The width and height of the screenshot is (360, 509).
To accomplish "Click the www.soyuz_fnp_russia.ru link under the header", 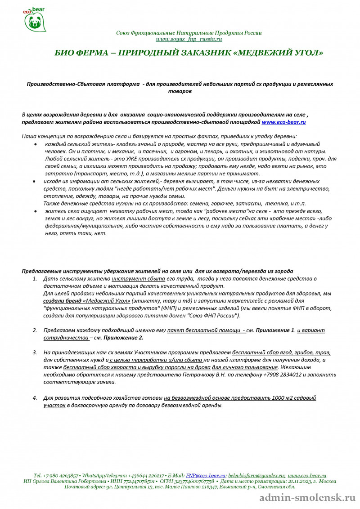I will tap(189, 39).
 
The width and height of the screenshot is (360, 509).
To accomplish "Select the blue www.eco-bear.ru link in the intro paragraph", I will tap(284, 122).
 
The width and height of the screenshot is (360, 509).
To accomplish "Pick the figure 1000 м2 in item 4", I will tap(286, 397).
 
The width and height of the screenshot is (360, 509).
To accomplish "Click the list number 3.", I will tap(35, 353).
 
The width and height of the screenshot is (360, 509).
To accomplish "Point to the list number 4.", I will tap(35, 397).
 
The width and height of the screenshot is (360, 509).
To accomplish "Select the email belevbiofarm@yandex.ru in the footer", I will tap(256, 475).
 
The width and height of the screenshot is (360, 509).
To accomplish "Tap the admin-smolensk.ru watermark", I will tap(308, 498).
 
